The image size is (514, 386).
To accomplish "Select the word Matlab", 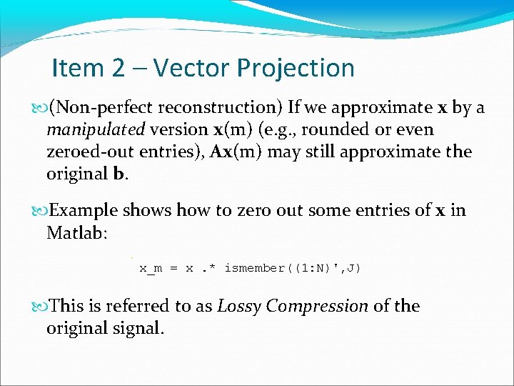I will pos(75,232).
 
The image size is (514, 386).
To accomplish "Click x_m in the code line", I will pos(151,269).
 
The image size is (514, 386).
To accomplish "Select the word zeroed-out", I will pos(86,152).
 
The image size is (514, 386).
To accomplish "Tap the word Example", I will pos(84,211).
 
